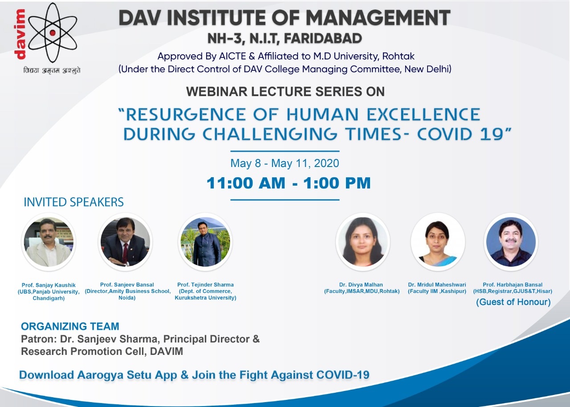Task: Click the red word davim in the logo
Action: pyautogui.click(x=20, y=34)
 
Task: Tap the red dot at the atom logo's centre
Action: pyautogui.click(x=53, y=33)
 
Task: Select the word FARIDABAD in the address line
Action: pyautogui.click(x=323, y=39)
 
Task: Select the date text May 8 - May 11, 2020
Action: pyautogui.click(x=285, y=163)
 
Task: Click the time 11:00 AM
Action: pyautogui.click(x=246, y=183)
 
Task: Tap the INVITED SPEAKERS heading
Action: pyautogui.click(x=73, y=202)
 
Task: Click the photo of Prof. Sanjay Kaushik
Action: pyautogui.click(x=49, y=242)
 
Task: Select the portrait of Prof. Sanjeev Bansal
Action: pyautogui.click(x=125, y=242)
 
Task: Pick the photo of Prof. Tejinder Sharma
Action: pyautogui.click(x=205, y=242)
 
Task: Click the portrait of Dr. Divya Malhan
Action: pyautogui.click(x=362, y=242)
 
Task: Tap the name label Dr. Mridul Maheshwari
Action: pyautogui.click(x=437, y=285)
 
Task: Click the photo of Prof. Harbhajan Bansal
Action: pyautogui.click(x=511, y=242)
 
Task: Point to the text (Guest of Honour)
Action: pyautogui.click(x=513, y=302)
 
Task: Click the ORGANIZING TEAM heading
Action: pyautogui.click(x=70, y=326)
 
